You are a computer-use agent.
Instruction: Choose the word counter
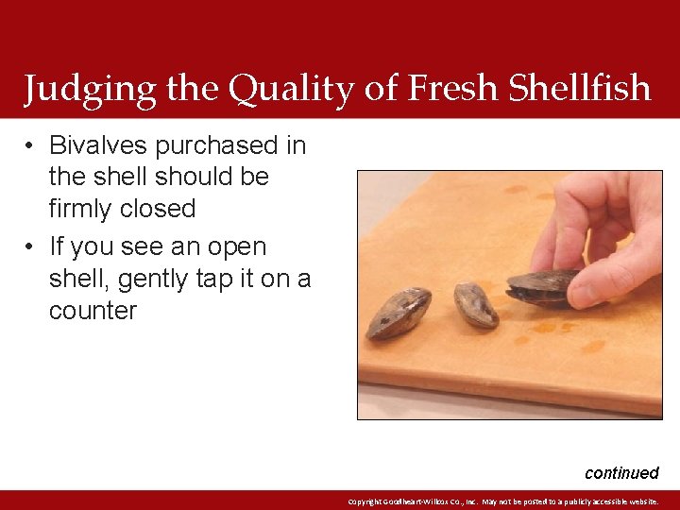point(93,311)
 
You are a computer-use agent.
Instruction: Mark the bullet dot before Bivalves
point(30,146)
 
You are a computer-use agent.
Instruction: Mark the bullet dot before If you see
point(30,247)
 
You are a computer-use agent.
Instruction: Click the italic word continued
point(620,472)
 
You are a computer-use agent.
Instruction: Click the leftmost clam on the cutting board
point(399,314)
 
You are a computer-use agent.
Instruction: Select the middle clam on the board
point(475,304)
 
